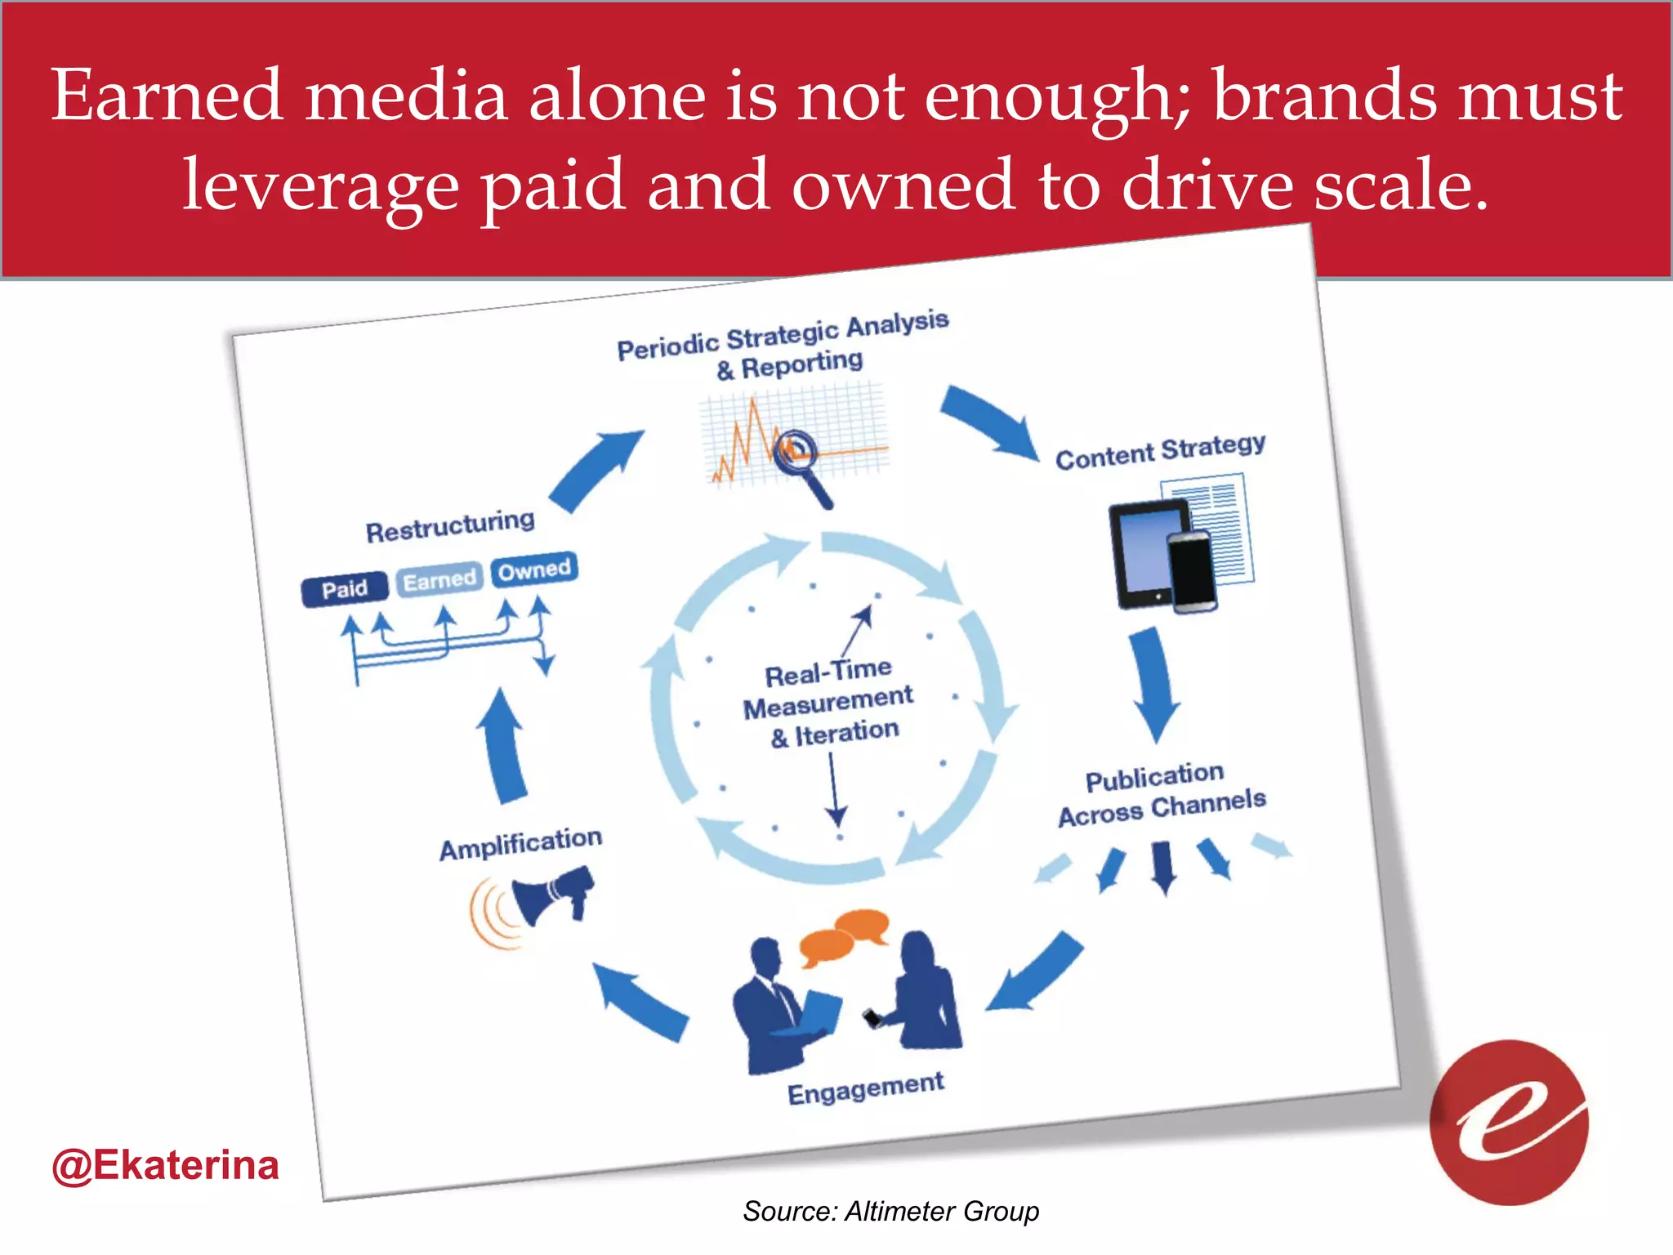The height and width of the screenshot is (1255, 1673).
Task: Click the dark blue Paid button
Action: click(345, 589)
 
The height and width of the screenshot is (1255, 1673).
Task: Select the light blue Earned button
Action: click(439, 580)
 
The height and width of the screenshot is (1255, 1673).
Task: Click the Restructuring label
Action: click(450, 525)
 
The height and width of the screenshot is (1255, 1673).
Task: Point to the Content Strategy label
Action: click(1160, 452)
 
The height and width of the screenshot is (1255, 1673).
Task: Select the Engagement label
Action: click(865, 1088)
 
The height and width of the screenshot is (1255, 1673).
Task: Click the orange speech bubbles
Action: click(844, 935)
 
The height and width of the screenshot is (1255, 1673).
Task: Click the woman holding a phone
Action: click(921, 993)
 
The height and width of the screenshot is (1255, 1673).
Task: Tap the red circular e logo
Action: click(1509, 1122)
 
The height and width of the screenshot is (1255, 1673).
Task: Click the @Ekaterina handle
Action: click(165, 1165)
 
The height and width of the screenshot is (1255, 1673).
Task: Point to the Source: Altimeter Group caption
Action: click(890, 1211)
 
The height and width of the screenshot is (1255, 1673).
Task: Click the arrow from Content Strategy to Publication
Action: click(1153, 682)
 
